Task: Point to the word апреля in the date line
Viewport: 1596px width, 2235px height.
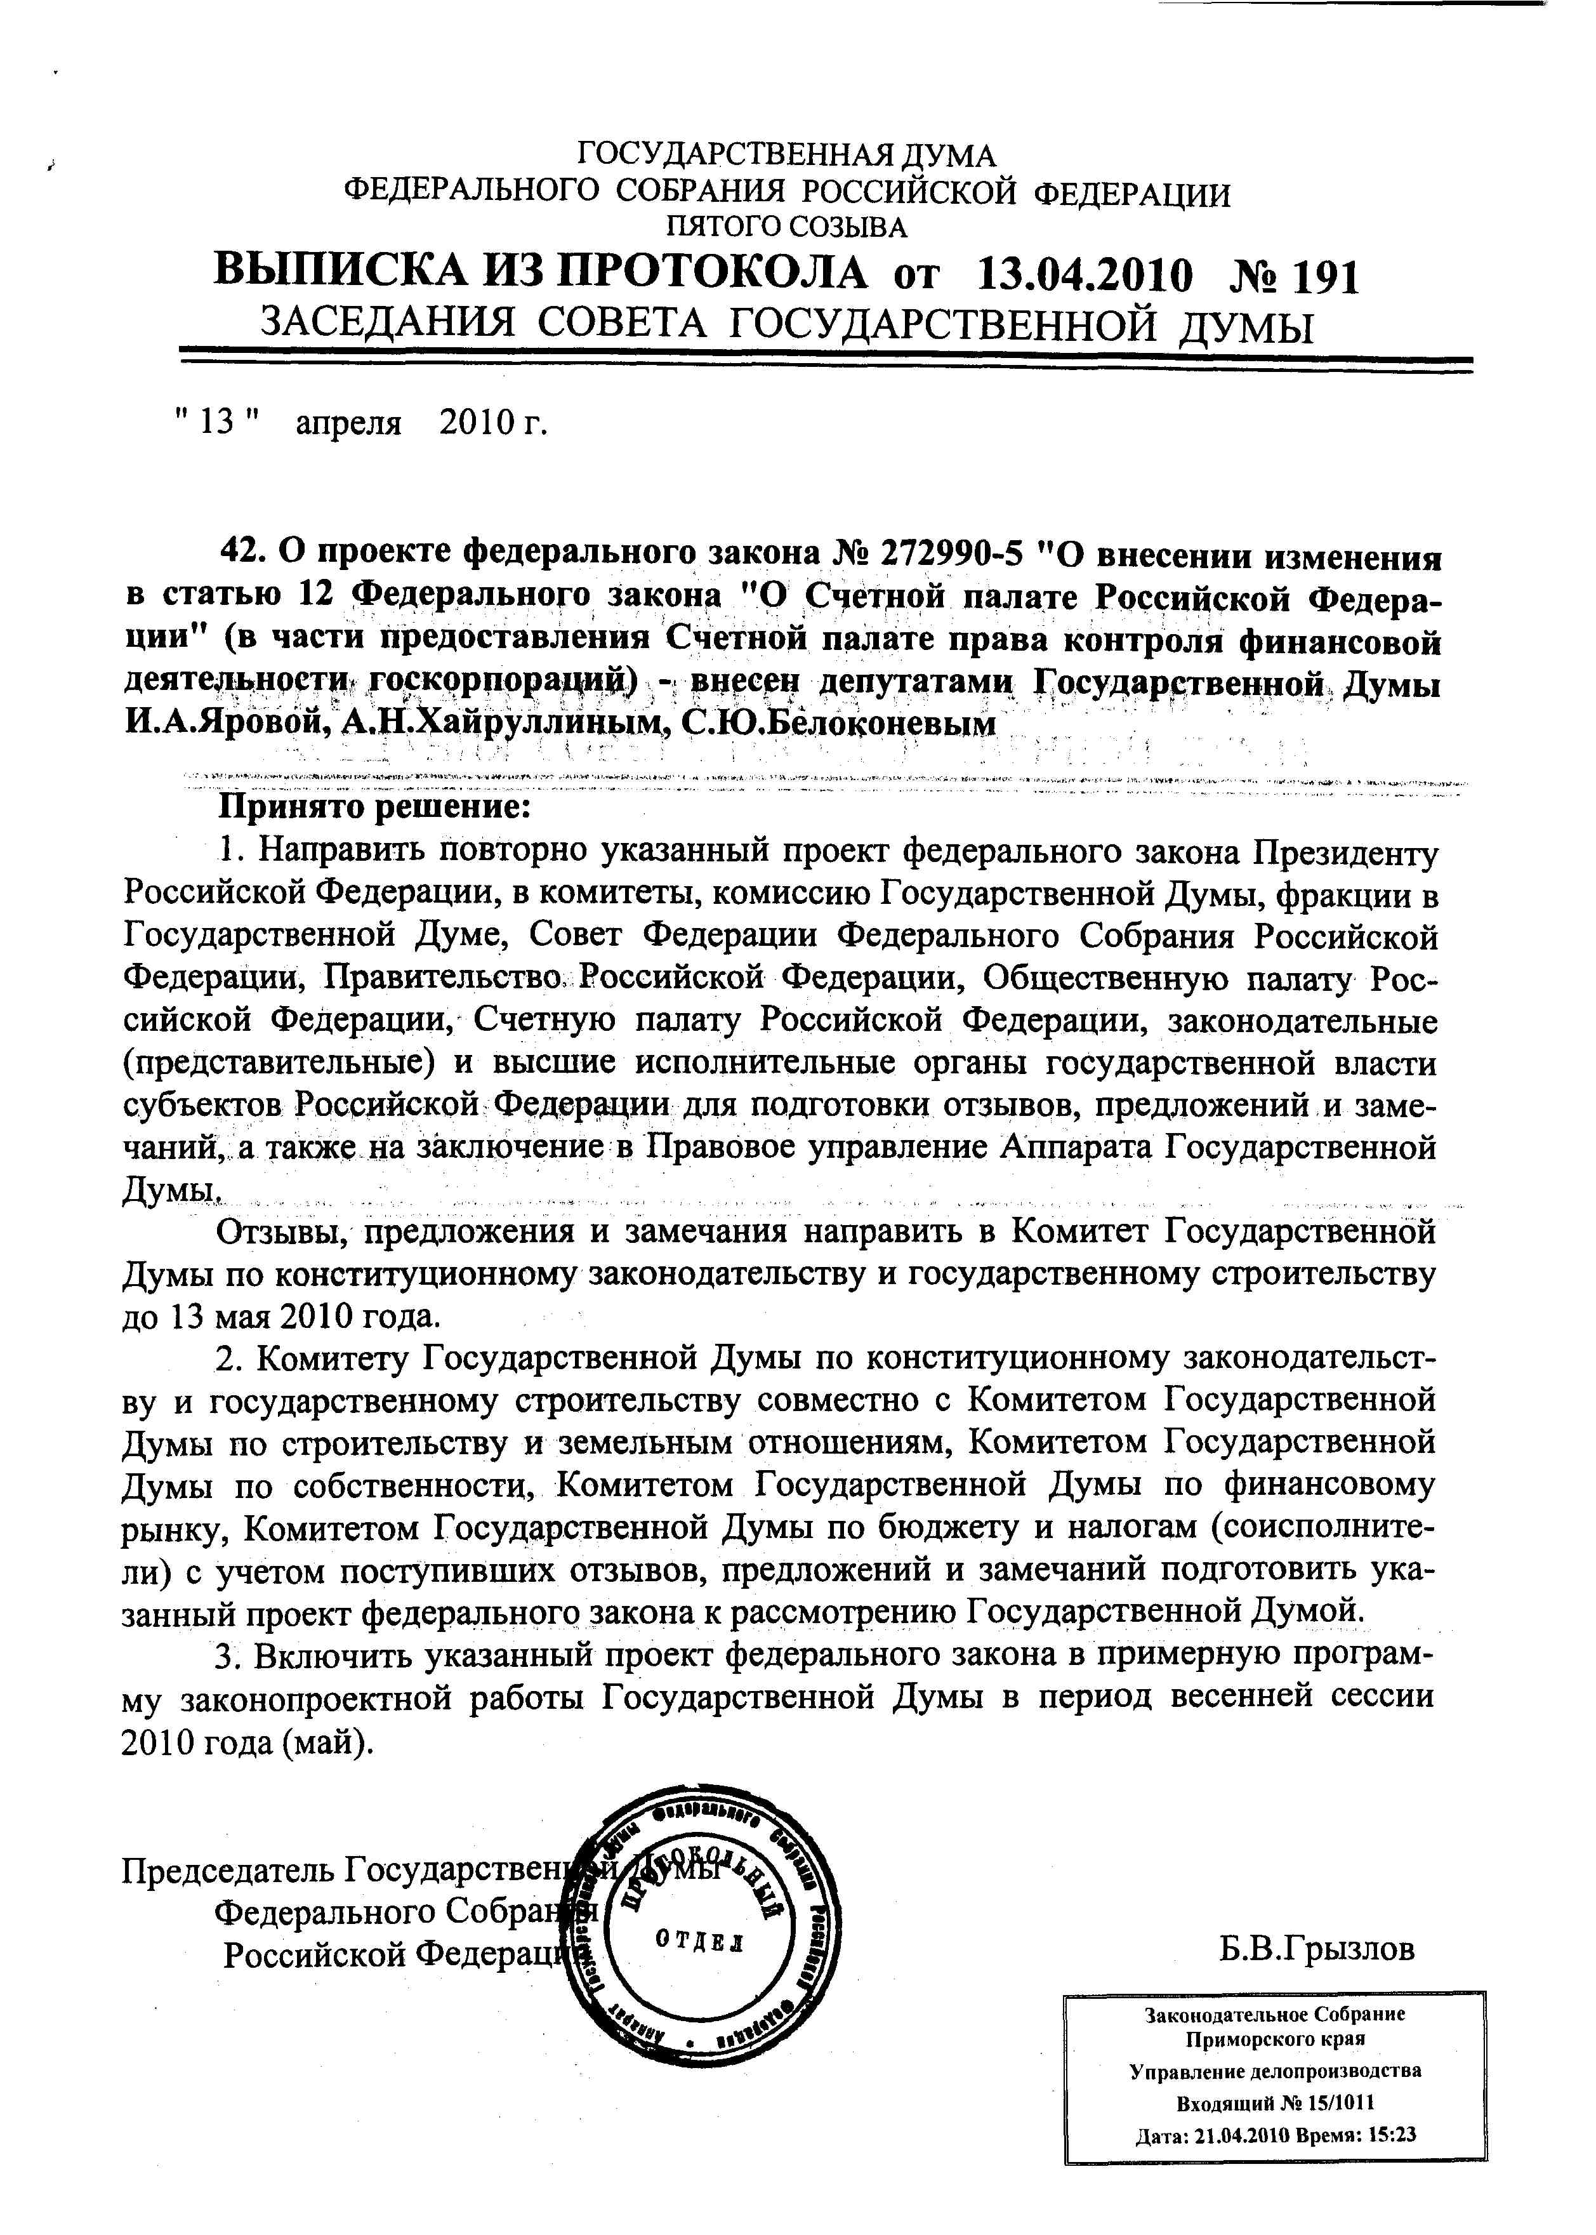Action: (349, 423)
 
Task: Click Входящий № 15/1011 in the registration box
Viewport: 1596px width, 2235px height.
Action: (1275, 2104)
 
